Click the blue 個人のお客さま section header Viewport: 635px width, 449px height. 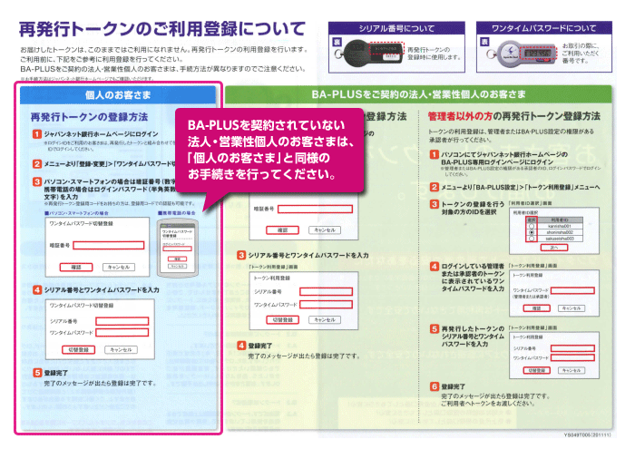coord(117,94)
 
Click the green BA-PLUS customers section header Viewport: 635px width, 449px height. coord(424,94)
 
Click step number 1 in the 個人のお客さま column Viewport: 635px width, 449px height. coord(35,133)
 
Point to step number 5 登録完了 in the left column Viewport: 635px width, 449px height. coord(35,372)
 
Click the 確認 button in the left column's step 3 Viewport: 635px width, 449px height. coord(76,268)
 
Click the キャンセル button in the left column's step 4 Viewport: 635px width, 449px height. coord(118,349)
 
